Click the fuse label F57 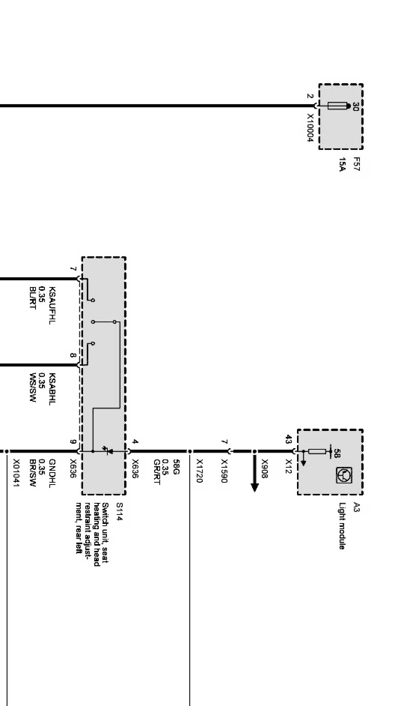point(356,164)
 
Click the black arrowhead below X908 point(255,487)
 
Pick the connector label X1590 point(224,471)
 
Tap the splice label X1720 point(199,471)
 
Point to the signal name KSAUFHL point(52,305)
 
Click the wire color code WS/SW point(32,388)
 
